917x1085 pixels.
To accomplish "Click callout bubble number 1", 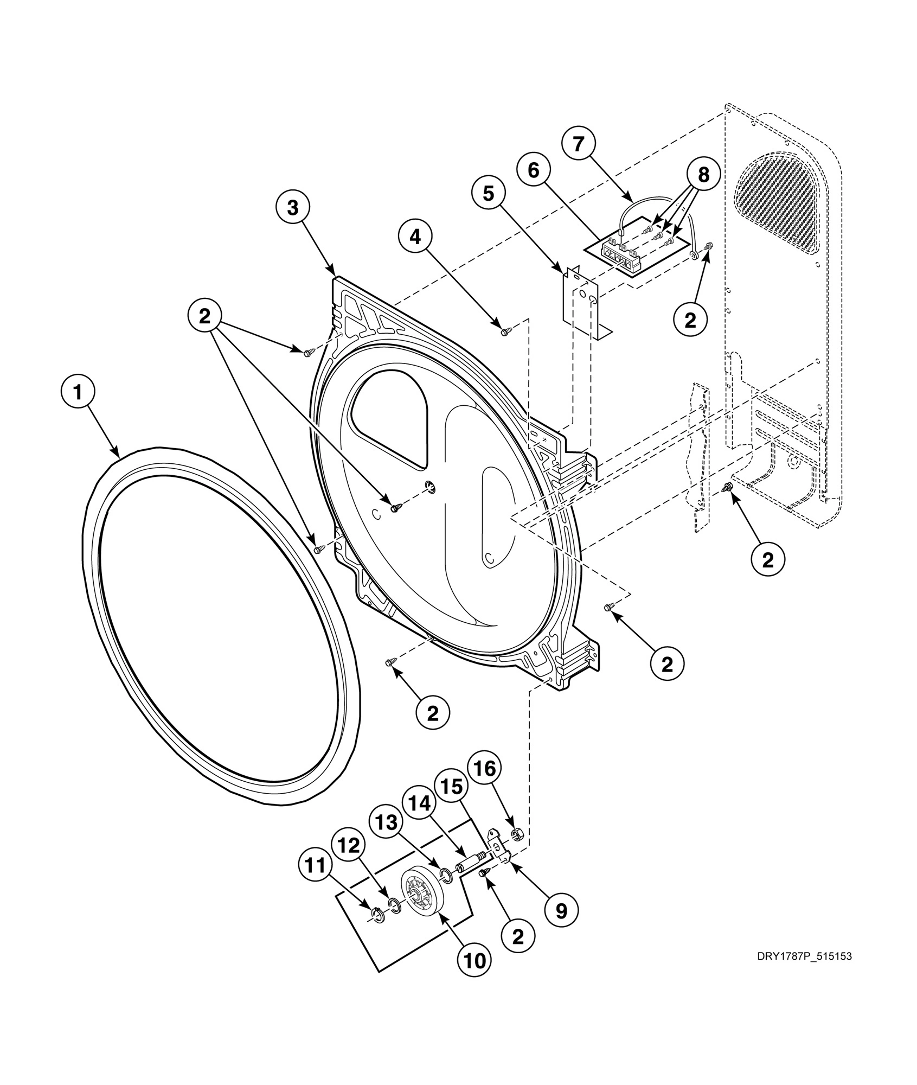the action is (x=78, y=392).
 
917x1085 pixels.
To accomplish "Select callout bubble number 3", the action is (x=293, y=207).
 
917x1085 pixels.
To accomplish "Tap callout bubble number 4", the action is (x=415, y=238).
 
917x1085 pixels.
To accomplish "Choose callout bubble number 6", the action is (x=534, y=170).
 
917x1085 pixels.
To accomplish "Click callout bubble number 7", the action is (x=578, y=144).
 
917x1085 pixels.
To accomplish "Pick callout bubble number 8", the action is (x=703, y=175).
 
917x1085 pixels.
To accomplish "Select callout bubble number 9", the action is (x=561, y=910).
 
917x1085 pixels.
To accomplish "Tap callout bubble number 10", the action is (x=474, y=960).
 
